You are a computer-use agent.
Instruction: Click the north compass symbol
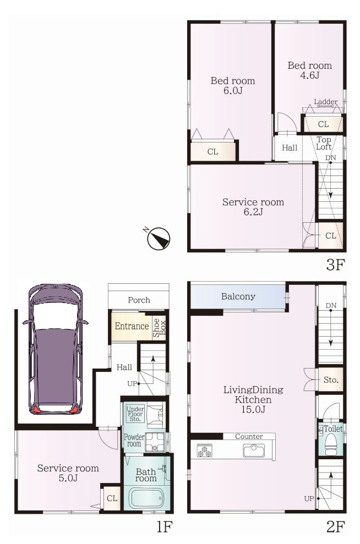tap(158, 238)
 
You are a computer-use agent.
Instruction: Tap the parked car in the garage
tap(56, 349)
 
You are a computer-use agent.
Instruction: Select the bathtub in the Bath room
tap(146, 498)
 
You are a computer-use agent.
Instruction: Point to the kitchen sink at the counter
tap(254, 450)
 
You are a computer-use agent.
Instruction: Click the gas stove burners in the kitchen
tap(204, 450)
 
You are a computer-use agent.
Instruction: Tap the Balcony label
tap(238, 296)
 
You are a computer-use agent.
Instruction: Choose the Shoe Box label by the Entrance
tap(159, 328)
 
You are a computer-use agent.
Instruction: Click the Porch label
tap(139, 300)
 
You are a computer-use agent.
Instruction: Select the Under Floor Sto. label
tap(135, 414)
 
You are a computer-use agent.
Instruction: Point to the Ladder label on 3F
tap(326, 102)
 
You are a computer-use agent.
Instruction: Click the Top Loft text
tap(324, 143)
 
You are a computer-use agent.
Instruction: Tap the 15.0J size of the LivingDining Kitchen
tap(253, 409)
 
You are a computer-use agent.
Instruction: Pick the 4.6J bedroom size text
tap(310, 75)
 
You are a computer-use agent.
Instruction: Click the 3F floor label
tap(335, 265)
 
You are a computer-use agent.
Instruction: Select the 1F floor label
tap(163, 526)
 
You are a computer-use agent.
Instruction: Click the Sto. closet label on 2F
tap(330, 380)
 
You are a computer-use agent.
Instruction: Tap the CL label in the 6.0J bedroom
tap(212, 152)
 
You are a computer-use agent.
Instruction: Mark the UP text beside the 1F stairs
tap(132, 384)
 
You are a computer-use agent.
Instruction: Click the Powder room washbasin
tap(155, 442)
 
